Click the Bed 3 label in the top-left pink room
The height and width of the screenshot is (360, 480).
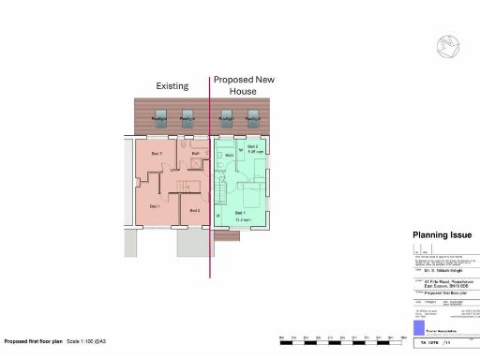(157, 153)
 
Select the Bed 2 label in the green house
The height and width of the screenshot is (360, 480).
(250, 148)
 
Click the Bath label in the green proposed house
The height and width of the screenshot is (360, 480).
(228, 154)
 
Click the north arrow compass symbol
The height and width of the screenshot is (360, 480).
(446, 44)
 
